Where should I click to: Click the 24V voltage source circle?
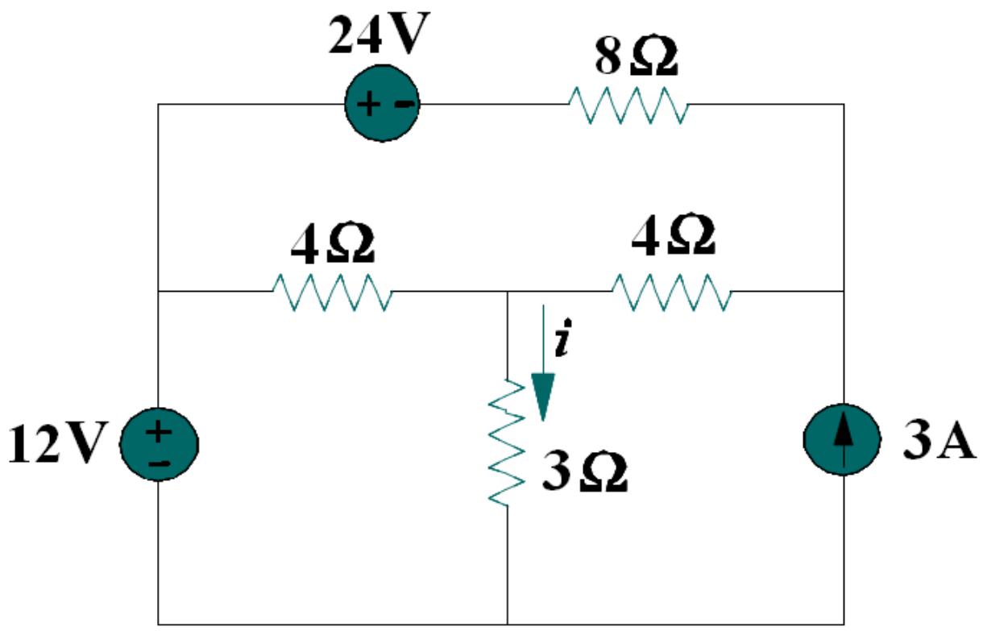tap(381, 105)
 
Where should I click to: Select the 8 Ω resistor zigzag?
tap(628, 105)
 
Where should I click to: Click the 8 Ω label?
tap(637, 57)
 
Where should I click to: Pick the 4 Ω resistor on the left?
tap(332, 292)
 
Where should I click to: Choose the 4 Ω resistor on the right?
tap(672, 292)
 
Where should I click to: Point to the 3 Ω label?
tap(584, 475)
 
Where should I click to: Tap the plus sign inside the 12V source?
tap(159, 431)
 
